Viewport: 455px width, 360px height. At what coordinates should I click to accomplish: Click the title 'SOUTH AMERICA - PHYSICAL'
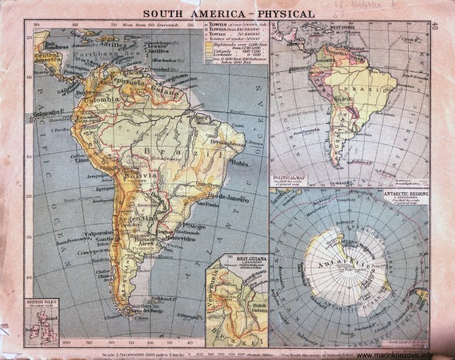229,13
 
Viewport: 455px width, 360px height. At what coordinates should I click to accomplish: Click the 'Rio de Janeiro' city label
225,197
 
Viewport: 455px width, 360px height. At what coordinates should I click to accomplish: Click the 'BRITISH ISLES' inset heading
36,302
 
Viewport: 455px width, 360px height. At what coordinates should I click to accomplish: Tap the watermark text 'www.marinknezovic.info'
402,355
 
